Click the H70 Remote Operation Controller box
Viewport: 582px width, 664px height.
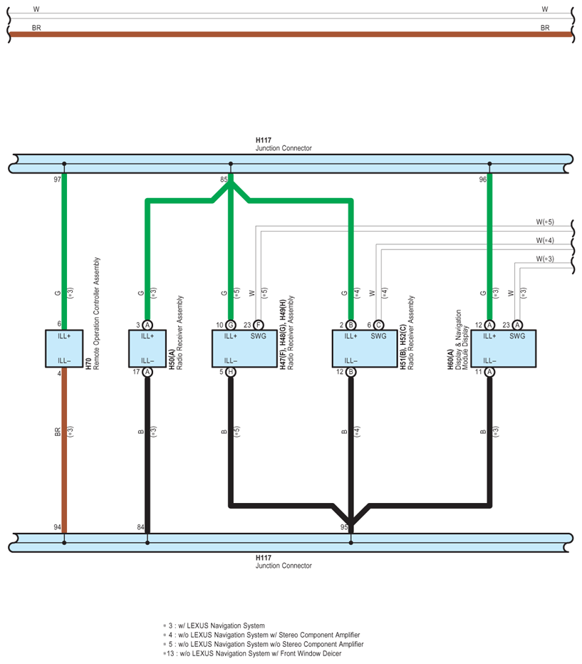click(x=64, y=348)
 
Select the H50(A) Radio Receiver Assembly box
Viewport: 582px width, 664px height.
click(x=147, y=348)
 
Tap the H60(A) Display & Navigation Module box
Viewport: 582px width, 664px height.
click(x=503, y=348)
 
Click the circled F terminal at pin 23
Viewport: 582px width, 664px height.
click(x=258, y=325)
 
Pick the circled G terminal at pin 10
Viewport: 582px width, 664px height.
click(x=231, y=325)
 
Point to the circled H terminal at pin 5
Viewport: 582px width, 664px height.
click(x=231, y=372)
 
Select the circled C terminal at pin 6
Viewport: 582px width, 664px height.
click(x=378, y=325)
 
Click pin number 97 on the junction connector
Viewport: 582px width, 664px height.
click(x=57, y=180)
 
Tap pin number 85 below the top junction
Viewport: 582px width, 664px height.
click(x=224, y=180)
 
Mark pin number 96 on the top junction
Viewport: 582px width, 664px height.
click(x=482, y=180)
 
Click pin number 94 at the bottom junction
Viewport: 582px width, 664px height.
click(x=57, y=527)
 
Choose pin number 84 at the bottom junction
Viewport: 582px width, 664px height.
click(x=140, y=527)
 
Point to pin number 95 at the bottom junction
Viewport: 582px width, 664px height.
click(x=344, y=527)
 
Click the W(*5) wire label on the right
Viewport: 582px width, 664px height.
click(x=545, y=222)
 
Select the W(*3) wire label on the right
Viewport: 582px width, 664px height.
click(x=545, y=259)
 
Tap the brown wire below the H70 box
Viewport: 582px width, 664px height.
click(x=64, y=450)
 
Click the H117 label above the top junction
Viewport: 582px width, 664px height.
click(x=264, y=140)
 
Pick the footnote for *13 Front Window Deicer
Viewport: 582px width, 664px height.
click(x=252, y=653)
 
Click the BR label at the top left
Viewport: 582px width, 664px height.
click(x=36, y=28)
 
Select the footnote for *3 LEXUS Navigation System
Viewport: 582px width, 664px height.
click(x=214, y=626)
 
